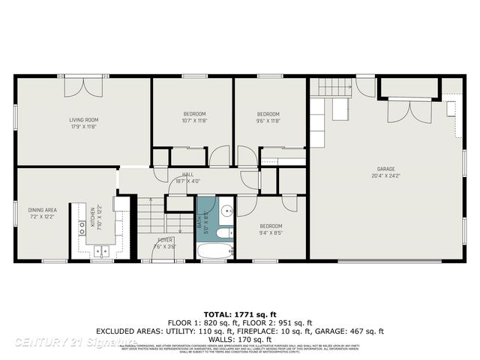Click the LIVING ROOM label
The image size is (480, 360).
pos(84,119)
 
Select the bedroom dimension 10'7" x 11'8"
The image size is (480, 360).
pos(194,120)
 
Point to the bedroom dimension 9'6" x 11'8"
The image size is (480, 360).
pos(268,120)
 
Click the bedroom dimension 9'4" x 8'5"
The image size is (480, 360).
pos(271,232)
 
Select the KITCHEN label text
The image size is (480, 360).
pos(93,216)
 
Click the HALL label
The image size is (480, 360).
pos(177,174)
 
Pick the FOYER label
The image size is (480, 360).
pos(163,240)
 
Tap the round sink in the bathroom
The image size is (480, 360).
pos(226,210)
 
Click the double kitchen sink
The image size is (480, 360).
pos(103,251)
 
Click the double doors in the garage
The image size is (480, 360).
pos(409,111)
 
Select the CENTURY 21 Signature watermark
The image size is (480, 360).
pos(64,342)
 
